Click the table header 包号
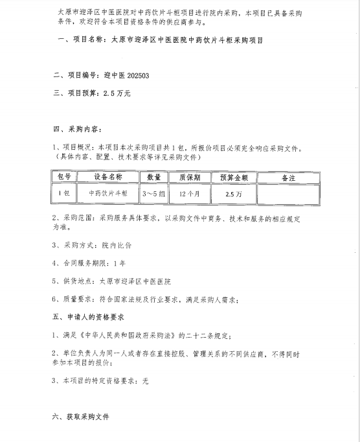point(63,177)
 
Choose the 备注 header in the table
point(288,177)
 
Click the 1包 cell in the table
point(63,193)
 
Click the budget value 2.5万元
point(117,93)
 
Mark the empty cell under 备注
point(288,193)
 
